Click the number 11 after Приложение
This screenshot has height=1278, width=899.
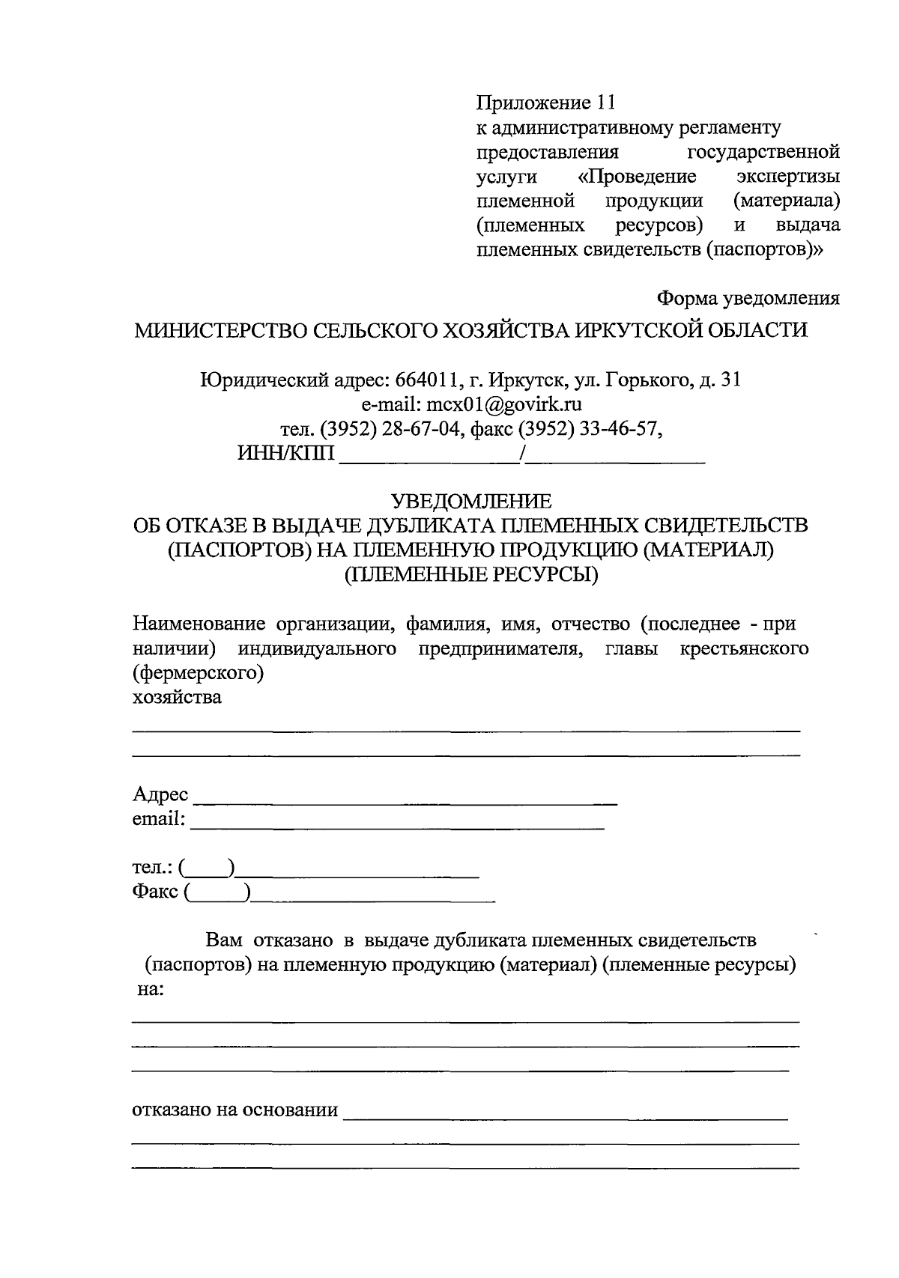click(605, 103)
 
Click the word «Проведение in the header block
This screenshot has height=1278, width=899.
click(638, 177)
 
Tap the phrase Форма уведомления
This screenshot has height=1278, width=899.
click(748, 299)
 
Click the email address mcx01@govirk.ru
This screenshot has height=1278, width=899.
click(505, 405)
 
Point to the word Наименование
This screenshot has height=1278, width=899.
click(199, 624)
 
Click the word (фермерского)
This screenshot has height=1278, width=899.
click(198, 673)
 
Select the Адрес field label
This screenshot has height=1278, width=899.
click(160, 794)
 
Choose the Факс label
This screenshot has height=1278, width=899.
click(155, 892)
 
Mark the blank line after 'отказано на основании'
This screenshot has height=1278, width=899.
click(565, 1118)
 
